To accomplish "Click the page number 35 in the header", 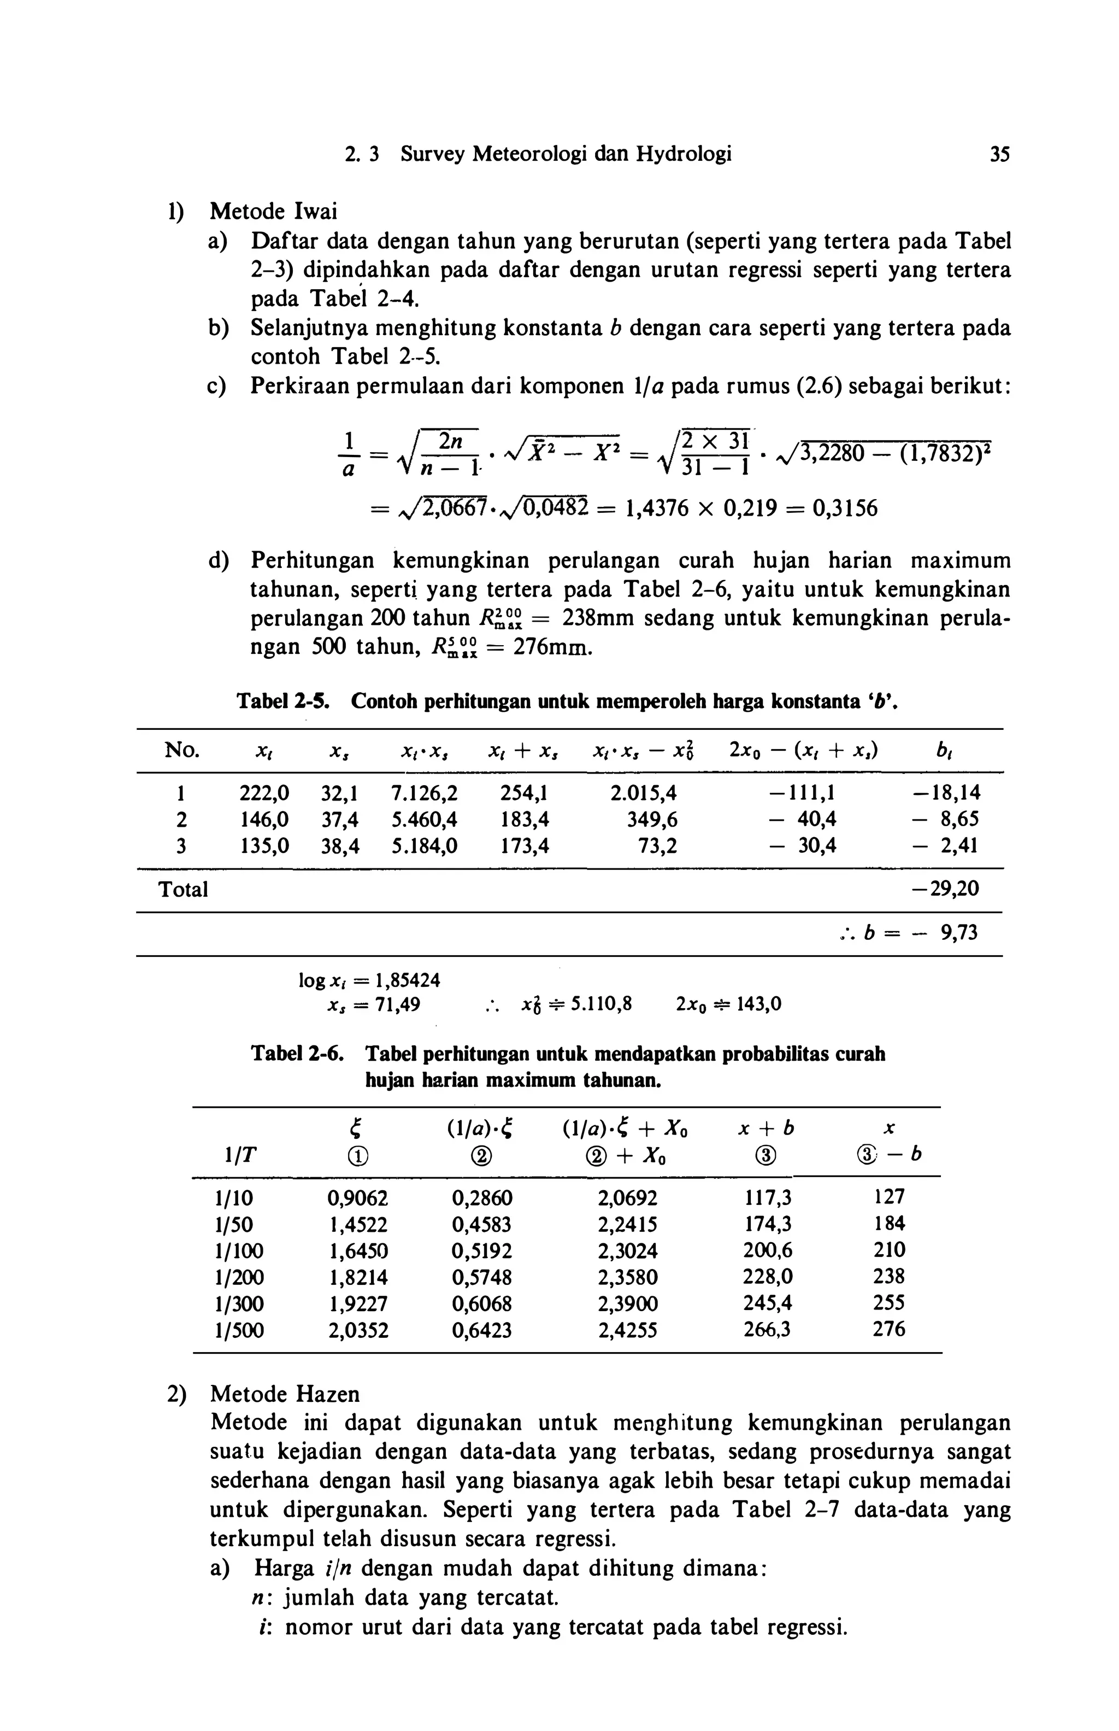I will [999, 154].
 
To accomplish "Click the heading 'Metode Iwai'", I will [273, 212].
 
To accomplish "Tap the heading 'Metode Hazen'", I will [284, 1394].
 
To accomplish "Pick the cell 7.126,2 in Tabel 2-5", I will [425, 792].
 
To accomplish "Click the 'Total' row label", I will [183, 889].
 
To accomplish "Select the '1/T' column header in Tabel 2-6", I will [229, 1155].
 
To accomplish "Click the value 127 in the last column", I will [890, 1197].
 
